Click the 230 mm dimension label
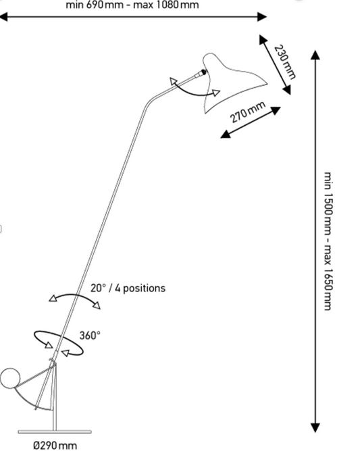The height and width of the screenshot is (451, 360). click(x=284, y=62)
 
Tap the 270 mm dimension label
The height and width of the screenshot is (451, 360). click(x=247, y=112)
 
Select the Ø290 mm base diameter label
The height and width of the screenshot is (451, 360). click(x=55, y=445)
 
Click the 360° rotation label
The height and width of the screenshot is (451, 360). click(x=90, y=335)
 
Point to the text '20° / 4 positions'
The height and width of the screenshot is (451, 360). click(x=128, y=288)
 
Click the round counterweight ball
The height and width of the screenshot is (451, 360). click(x=10, y=378)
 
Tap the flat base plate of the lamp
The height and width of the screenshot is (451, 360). click(x=55, y=431)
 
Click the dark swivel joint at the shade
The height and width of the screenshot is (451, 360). click(x=203, y=72)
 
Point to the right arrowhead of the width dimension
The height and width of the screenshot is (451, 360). click(x=262, y=17)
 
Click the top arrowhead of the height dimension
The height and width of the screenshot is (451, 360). click(x=315, y=55)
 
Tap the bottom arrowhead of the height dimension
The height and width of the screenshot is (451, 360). click(x=315, y=428)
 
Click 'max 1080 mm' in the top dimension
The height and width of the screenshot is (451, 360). click(x=166, y=5)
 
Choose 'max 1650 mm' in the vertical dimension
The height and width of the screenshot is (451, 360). click(x=328, y=277)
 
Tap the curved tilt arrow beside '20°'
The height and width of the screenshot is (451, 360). click(x=74, y=295)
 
